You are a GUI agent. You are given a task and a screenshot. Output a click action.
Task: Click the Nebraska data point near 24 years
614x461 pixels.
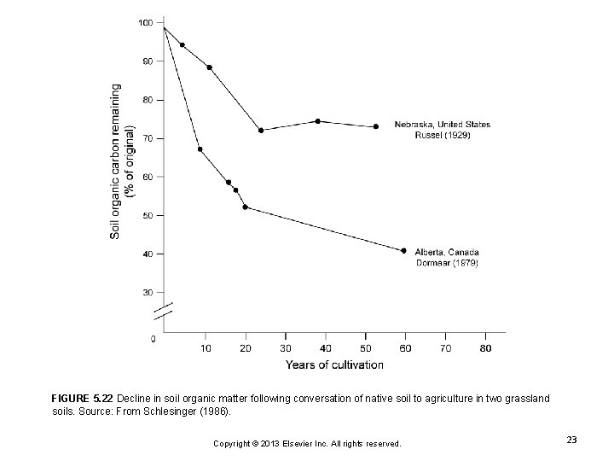261,131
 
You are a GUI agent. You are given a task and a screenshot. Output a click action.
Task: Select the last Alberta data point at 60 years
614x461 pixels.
403,250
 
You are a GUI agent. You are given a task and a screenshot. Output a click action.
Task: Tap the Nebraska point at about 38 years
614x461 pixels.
317,121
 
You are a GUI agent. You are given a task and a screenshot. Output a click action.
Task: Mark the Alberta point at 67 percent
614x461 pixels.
200,149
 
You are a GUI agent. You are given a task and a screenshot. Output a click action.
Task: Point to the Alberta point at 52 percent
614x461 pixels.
246,207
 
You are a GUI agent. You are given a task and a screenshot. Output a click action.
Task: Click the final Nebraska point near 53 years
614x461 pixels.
376,126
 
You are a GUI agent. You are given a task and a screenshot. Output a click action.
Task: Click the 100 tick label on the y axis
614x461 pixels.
146,22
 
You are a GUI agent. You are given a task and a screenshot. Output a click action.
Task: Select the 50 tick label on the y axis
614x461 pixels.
148,215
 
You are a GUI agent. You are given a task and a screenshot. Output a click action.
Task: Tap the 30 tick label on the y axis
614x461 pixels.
148,292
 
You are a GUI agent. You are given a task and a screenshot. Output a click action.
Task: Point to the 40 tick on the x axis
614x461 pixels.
326,347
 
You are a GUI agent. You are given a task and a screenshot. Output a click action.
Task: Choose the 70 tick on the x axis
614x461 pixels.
446,347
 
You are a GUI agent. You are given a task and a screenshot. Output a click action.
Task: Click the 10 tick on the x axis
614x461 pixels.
206,347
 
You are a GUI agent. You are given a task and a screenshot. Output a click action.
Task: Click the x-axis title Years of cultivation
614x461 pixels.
334,365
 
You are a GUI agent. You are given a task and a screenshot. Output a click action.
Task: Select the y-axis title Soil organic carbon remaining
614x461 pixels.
117,160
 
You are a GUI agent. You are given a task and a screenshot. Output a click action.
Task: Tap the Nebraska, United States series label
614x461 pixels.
442,125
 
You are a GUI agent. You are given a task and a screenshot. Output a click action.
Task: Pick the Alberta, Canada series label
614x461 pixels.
446,252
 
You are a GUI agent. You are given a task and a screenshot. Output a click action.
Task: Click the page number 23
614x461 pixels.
571,439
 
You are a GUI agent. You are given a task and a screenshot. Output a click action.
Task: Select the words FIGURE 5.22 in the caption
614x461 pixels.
82,399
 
